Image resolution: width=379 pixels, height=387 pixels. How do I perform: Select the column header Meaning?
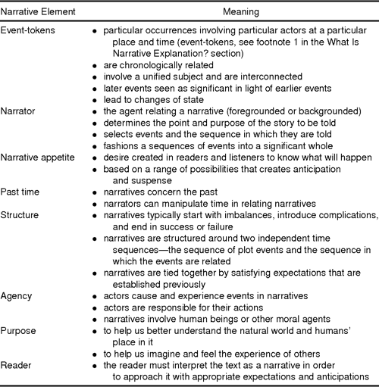241,13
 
